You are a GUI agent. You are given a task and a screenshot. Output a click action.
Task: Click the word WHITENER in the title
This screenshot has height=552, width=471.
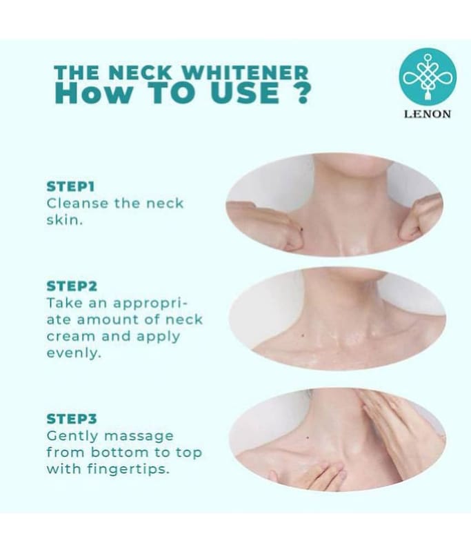tap(245, 72)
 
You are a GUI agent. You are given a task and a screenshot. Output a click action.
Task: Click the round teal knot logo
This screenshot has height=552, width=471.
tap(428, 77)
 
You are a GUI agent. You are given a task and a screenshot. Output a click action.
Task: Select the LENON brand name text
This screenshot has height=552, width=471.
tap(428, 114)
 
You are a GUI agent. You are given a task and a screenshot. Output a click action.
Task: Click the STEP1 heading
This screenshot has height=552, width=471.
tap(71, 186)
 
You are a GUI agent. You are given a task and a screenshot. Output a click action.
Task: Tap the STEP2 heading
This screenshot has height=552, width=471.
tap(72, 286)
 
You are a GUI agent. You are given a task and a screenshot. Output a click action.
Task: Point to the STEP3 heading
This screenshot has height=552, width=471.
tap(72, 419)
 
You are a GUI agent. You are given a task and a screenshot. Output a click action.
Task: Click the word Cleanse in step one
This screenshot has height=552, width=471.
tap(77, 203)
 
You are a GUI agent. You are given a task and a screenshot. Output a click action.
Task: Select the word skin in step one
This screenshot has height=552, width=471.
tap(64, 220)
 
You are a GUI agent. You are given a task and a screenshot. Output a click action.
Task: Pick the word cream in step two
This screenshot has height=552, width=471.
tap(71, 336)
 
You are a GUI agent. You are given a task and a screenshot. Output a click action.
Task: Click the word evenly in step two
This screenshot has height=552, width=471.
tap(74, 353)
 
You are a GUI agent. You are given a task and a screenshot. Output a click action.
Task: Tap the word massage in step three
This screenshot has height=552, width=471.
tap(139, 437)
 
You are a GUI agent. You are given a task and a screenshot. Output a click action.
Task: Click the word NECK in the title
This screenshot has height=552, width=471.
tap(140, 72)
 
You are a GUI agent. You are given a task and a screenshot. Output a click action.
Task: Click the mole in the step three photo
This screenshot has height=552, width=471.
tap(308, 437)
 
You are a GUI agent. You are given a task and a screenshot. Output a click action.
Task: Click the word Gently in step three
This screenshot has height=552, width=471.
tap(72, 437)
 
